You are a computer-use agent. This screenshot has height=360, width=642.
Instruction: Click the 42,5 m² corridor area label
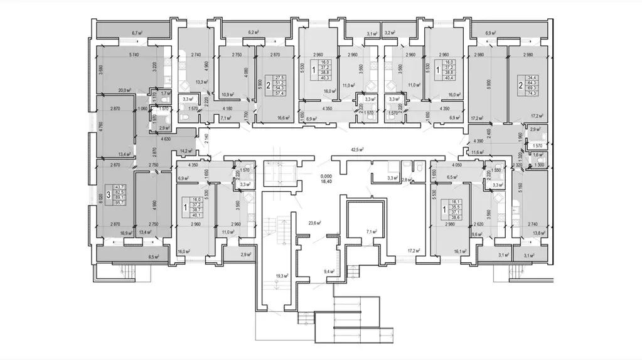pos(359,150)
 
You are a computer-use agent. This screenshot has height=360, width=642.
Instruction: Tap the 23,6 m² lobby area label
pos(306,221)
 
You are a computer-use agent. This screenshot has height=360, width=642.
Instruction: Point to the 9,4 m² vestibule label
pos(329,271)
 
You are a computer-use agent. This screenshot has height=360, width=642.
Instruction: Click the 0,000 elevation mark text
pos(325,177)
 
